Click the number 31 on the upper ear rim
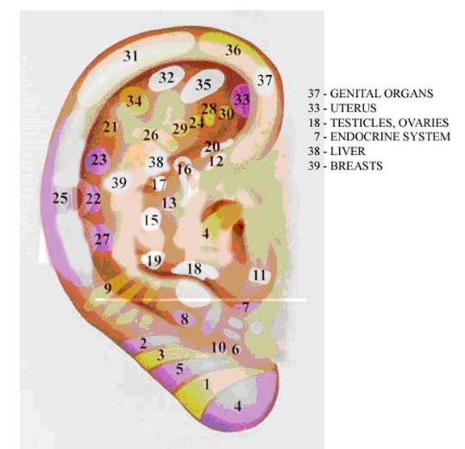click(x=131, y=56)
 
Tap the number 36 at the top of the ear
click(x=233, y=50)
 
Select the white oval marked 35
click(x=204, y=85)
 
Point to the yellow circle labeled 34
click(x=134, y=101)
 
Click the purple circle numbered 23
click(x=98, y=160)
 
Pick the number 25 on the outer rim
click(x=61, y=198)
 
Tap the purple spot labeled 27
click(x=103, y=239)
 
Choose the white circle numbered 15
click(x=152, y=220)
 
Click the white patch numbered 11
click(x=260, y=275)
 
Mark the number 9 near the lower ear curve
click(x=107, y=287)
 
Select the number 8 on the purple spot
click(x=184, y=320)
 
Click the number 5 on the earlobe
click(x=180, y=369)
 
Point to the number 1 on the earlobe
click(x=207, y=384)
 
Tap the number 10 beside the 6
click(x=219, y=347)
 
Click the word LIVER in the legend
click(x=348, y=151)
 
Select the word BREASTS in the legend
click(x=356, y=166)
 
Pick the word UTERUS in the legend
click(x=354, y=108)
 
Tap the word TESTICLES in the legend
click(x=362, y=123)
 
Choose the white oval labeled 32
click(x=165, y=78)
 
